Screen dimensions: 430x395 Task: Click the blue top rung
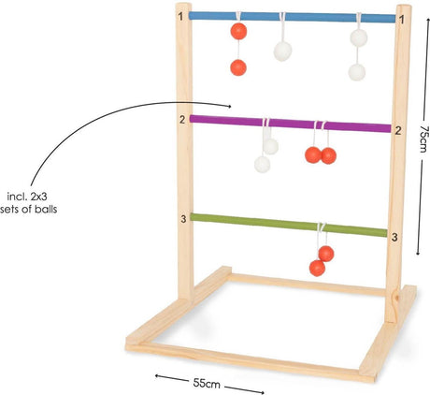(293, 17)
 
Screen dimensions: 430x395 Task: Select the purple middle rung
(290, 124)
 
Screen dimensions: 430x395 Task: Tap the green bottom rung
(289, 225)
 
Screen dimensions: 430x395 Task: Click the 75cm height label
(423, 139)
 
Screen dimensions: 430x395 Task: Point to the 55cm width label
(207, 384)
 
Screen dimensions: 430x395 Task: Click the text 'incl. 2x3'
(27, 197)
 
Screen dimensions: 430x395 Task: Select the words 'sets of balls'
(29, 209)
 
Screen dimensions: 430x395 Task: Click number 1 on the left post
(180, 16)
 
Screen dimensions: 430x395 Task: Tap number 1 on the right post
(402, 20)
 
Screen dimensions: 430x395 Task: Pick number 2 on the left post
(182, 120)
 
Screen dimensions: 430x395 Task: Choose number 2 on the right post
(398, 131)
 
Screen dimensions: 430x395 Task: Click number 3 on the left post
(183, 219)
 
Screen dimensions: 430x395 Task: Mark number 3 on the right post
(394, 238)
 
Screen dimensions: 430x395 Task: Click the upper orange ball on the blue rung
(238, 31)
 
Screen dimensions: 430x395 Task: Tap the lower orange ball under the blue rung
(238, 67)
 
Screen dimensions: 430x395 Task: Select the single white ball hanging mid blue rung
(282, 51)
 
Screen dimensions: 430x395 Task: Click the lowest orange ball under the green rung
(317, 268)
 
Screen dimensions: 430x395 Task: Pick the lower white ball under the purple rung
(263, 164)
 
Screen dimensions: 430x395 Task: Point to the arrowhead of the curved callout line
(230, 107)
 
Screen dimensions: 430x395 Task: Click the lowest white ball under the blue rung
(357, 72)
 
